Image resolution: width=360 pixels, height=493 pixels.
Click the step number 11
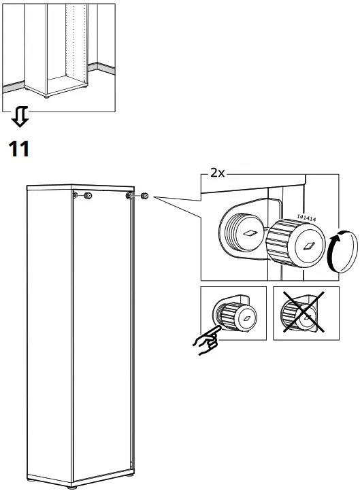click(x=19, y=148)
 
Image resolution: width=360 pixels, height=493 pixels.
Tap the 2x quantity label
click(x=217, y=173)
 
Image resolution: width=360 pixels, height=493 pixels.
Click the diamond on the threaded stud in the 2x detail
click(x=250, y=232)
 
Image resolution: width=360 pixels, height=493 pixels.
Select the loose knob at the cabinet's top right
click(x=145, y=197)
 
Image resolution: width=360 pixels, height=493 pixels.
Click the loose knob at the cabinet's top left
click(x=88, y=197)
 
